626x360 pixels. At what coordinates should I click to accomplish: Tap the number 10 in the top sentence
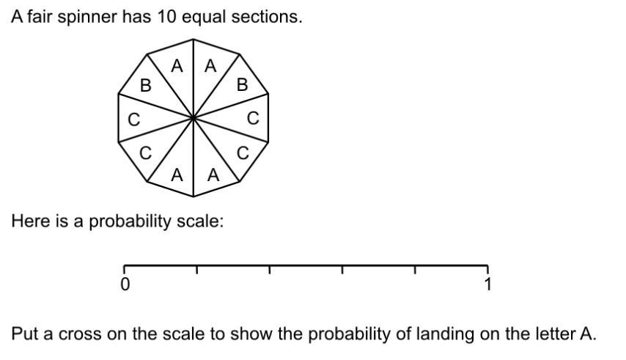tap(166, 17)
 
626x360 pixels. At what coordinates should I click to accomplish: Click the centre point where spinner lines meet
tap(193, 116)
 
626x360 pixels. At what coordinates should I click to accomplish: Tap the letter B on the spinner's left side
tap(145, 86)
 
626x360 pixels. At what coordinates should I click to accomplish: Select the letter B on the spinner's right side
tap(242, 85)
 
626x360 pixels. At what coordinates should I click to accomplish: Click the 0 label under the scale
tap(125, 284)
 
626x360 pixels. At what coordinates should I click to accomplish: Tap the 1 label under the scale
tap(487, 284)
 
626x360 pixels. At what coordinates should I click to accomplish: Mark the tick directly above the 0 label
tap(124, 269)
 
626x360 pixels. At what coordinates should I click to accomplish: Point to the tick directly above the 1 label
tap(487, 269)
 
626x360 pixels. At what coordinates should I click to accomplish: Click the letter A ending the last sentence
tap(586, 334)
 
